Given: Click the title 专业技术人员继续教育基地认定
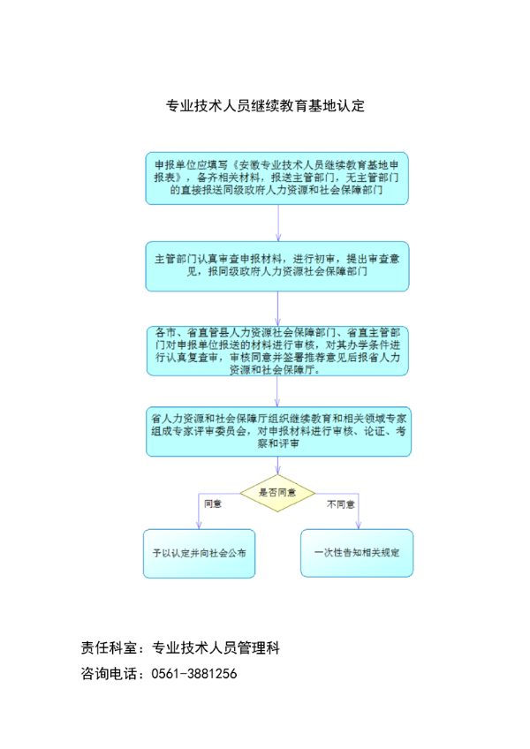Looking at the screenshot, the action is coord(265,106).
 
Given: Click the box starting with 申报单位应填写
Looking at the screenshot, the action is coord(276,178).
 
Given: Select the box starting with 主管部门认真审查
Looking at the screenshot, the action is coord(277,266).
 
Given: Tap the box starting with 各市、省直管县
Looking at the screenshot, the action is coord(277,351).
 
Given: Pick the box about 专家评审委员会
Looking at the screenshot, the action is coord(278,431).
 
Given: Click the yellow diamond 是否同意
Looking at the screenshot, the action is coord(277,493).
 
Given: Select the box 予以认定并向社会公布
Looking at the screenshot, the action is coord(200,553).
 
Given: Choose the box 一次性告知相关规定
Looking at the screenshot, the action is coord(357,553).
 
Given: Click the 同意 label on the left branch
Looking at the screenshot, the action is coord(213,504).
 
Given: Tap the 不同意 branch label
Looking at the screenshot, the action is coord(341,504).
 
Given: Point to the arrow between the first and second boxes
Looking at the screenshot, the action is coord(278,223).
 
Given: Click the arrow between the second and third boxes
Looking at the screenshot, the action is coord(277,308).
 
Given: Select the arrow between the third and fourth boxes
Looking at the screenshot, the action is coord(277,391).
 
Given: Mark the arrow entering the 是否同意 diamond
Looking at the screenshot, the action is coord(277,465).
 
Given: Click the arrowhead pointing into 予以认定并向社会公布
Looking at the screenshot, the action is coord(199,525).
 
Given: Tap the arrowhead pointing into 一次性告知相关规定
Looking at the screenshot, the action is coord(359,525).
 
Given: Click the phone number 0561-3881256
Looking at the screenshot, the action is coord(194,674).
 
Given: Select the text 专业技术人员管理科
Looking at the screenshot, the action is coord(216,647).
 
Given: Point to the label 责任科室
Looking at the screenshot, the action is coord(109,647).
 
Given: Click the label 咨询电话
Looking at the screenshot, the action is coord(109,674).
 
